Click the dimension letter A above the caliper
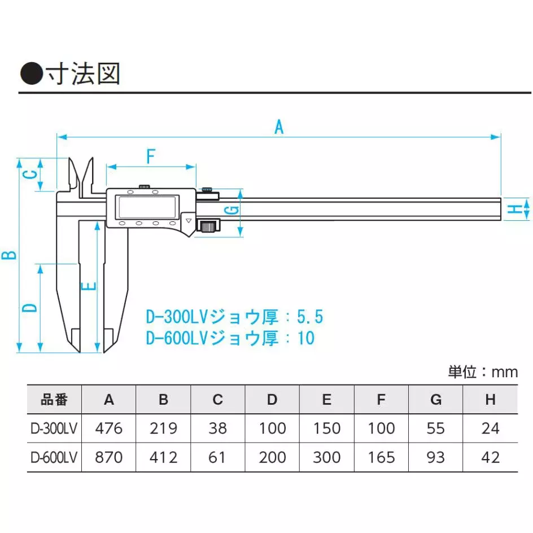point(278,126)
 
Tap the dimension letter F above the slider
point(151,156)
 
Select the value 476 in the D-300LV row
point(109,429)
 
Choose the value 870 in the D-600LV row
point(109,457)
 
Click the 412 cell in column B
point(163,457)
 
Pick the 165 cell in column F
point(381,457)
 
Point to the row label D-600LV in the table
point(54,457)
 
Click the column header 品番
point(54,400)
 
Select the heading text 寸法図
point(95,74)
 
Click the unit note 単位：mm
point(483,372)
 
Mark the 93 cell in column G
point(436,457)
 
